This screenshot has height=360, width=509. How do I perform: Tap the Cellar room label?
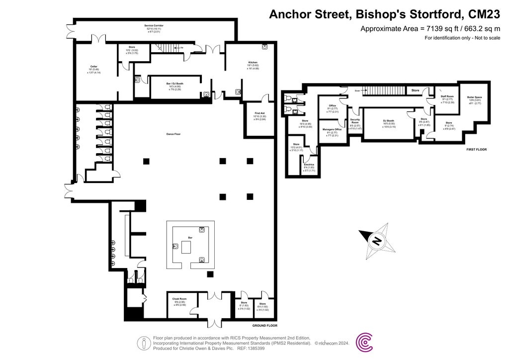(93, 66)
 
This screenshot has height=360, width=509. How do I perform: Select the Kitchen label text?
(253, 62)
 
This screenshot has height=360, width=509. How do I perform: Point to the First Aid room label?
(259, 113)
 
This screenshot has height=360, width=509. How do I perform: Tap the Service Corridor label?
(154, 25)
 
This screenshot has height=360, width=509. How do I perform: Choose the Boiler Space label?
(474, 97)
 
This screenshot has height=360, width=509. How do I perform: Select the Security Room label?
(354, 121)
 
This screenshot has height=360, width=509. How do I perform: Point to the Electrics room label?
(309, 164)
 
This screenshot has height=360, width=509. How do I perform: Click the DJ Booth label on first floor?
(388, 120)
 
